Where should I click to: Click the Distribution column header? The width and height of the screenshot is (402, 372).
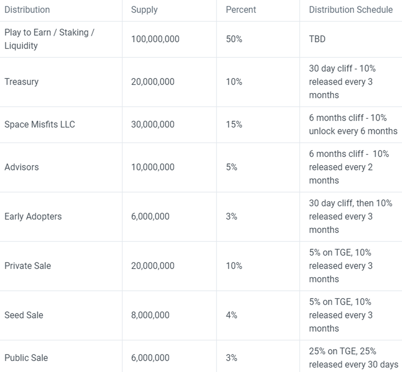click(x=27, y=10)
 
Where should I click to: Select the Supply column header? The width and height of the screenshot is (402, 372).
click(x=144, y=10)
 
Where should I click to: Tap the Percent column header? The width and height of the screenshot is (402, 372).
click(x=241, y=10)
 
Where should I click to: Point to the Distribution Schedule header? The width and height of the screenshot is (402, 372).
click(x=350, y=10)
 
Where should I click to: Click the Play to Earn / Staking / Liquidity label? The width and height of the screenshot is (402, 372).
click(x=49, y=39)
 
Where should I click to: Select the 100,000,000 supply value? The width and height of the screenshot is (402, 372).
click(x=155, y=39)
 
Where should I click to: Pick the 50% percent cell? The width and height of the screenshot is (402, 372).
click(x=234, y=39)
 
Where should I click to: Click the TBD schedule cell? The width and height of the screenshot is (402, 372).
click(x=317, y=39)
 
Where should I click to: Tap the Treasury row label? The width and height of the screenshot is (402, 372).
click(x=21, y=82)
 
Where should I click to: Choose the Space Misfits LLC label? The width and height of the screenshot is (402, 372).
click(x=40, y=125)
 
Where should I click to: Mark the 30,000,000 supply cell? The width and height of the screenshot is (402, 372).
click(x=153, y=125)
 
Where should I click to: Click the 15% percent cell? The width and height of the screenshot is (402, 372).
click(x=234, y=125)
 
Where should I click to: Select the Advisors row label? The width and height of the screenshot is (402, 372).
click(x=21, y=167)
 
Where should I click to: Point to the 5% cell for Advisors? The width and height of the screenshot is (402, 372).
click(x=231, y=167)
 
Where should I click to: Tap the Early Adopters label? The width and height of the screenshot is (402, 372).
click(x=33, y=217)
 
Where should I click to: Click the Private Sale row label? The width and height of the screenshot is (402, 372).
click(x=27, y=266)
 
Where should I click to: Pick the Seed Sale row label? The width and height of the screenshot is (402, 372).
click(x=24, y=315)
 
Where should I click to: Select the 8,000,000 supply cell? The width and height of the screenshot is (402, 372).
click(x=150, y=315)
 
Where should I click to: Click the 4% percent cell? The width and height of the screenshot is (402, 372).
click(x=231, y=315)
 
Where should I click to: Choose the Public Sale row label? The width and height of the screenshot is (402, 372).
click(x=26, y=358)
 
